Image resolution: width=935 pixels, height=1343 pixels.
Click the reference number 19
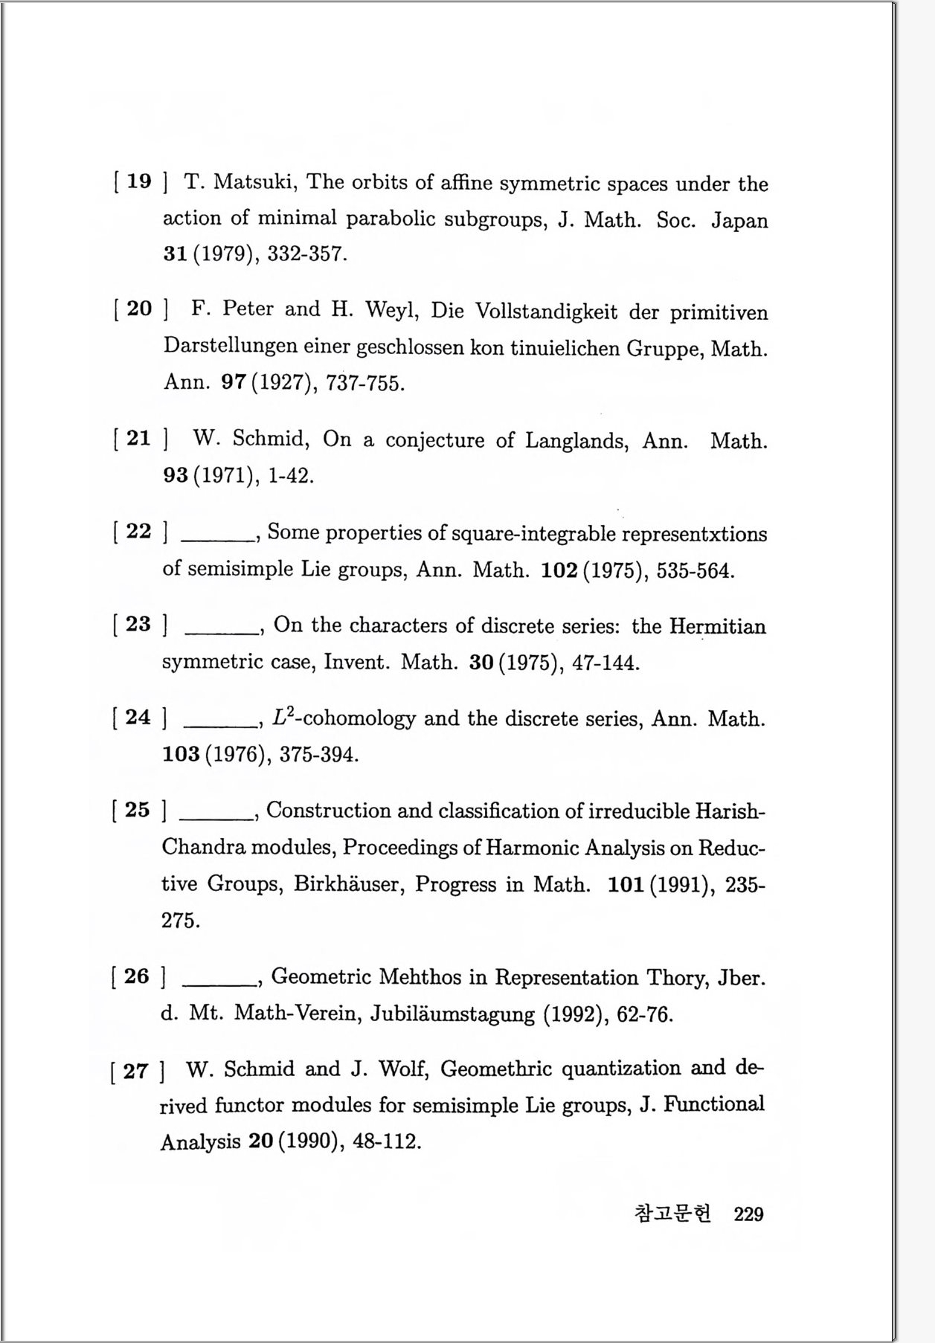139,181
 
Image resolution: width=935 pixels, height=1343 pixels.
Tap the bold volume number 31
175,254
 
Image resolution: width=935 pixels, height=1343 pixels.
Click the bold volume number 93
176,475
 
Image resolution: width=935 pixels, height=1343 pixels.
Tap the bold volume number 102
559,570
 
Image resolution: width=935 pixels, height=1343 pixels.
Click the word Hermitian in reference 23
717,626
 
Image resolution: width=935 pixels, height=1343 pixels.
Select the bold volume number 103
181,754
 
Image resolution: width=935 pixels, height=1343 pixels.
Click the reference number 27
135,1072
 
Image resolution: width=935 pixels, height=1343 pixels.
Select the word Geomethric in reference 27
496,1069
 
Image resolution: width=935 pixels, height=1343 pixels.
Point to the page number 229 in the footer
748,1214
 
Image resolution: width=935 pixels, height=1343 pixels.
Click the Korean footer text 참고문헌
673,1214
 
